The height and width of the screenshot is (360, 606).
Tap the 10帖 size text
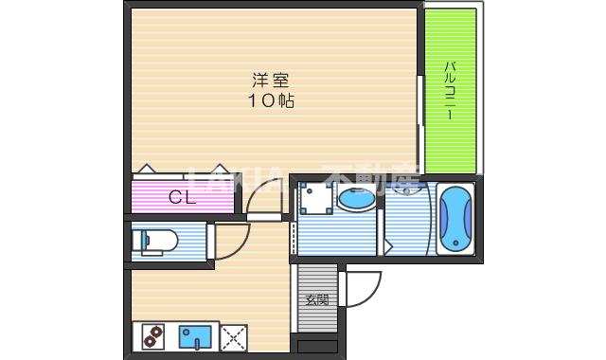point(271,100)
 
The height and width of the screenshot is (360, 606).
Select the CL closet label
point(182,198)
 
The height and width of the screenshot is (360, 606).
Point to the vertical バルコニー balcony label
point(452,90)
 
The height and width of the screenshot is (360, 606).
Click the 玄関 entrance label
point(316,300)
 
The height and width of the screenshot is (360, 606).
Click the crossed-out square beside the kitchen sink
point(233,336)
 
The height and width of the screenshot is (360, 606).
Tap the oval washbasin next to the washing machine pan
point(356,201)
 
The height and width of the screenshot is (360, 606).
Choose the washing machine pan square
point(313,199)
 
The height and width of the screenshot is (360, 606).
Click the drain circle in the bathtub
point(454,245)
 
